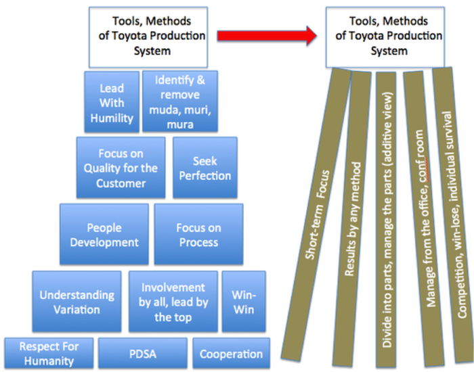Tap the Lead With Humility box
click(112, 101)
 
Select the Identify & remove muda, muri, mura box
click(179, 101)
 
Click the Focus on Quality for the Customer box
click(121, 168)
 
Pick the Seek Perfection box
click(204, 168)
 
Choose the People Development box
click(104, 234)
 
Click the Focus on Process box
click(198, 234)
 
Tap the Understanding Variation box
click(77, 302)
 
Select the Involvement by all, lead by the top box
click(173, 302)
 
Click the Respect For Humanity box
click(48, 353)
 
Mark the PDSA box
click(142, 353)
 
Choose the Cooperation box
click(231, 353)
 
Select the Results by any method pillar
click(355, 216)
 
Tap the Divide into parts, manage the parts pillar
click(387, 216)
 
